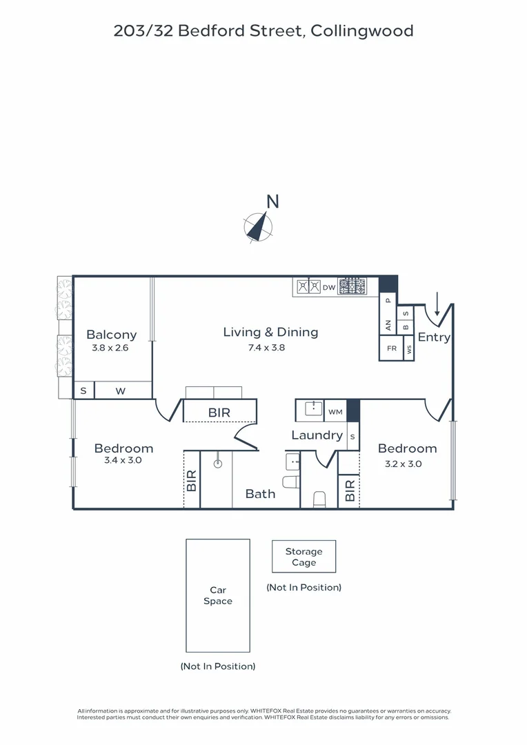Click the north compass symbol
click(x=258, y=227)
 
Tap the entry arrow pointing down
click(x=437, y=304)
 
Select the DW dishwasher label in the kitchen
click(x=329, y=288)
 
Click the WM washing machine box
click(x=335, y=411)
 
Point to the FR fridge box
click(x=391, y=348)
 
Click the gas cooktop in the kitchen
click(x=352, y=286)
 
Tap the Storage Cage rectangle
click(x=304, y=557)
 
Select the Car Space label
click(x=218, y=595)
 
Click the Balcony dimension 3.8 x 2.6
click(x=110, y=348)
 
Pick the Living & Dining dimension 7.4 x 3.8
click(x=266, y=348)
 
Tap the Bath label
click(x=261, y=494)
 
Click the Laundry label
click(x=317, y=435)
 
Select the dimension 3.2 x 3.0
click(x=404, y=464)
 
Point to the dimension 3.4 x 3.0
click(x=123, y=460)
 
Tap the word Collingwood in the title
click(x=362, y=31)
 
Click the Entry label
click(x=434, y=337)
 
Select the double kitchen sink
click(x=308, y=287)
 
